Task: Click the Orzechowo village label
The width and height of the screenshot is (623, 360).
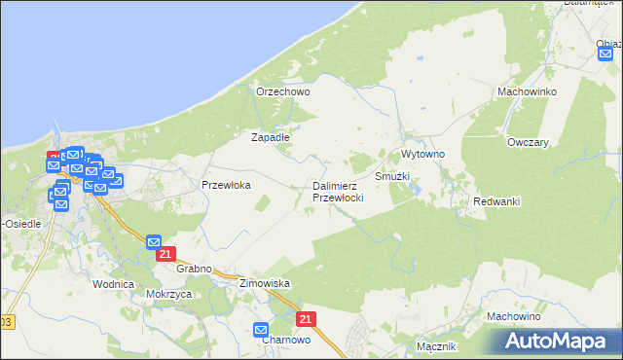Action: coord(282,91)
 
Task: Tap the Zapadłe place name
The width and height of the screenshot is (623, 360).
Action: coord(271,137)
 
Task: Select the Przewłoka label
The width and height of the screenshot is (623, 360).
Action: coord(226,184)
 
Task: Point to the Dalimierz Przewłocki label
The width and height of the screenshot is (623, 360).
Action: coord(338,191)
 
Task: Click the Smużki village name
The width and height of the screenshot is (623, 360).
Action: coord(392,177)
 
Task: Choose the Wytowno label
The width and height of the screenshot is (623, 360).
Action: coord(422,155)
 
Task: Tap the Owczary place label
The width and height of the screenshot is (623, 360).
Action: coord(528,142)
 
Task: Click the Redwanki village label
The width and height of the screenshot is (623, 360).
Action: coord(496,200)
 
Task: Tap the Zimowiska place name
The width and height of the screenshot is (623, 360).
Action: coord(265,283)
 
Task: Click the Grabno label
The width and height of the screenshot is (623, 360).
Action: coord(195,267)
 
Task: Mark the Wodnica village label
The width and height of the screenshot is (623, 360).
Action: coord(112,284)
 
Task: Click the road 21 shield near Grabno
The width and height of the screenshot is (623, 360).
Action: coord(165,255)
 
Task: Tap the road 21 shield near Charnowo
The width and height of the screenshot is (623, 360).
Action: coord(307,319)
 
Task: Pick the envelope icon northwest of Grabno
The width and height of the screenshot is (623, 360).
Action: coord(154,241)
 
